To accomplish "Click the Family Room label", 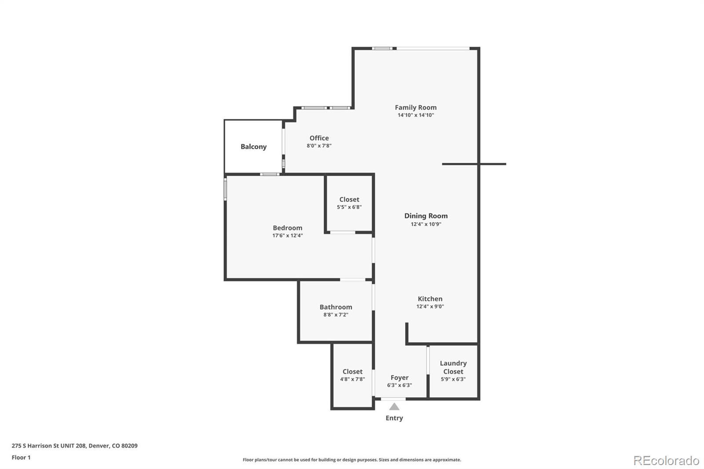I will pyautogui.click(x=415, y=107).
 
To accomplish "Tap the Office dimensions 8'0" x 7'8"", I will pyautogui.click(x=319, y=146).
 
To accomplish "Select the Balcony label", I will pyautogui.click(x=253, y=147).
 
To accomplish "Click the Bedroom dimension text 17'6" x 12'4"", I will pyautogui.click(x=287, y=235).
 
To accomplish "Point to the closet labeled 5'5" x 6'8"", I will pyautogui.click(x=349, y=203).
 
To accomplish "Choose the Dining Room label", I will pyautogui.click(x=426, y=216).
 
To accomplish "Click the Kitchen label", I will pyautogui.click(x=430, y=299).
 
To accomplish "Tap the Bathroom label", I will pyautogui.click(x=336, y=307).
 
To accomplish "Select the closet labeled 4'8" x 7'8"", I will pyautogui.click(x=352, y=375).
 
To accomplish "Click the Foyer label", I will pyautogui.click(x=400, y=377).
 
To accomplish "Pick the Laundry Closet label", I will pyautogui.click(x=453, y=367).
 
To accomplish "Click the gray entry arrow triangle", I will pyautogui.click(x=394, y=407).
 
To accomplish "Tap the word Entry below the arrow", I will pyautogui.click(x=394, y=418).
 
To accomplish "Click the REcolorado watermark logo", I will pyautogui.click(x=666, y=460).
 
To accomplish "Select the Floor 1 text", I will pyautogui.click(x=21, y=458).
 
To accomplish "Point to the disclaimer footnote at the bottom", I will pyautogui.click(x=352, y=460).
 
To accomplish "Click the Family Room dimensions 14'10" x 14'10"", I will pyautogui.click(x=416, y=115).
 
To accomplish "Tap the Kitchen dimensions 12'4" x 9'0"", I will pyautogui.click(x=430, y=307).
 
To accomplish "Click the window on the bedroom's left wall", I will pyautogui.click(x=225, y=189).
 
